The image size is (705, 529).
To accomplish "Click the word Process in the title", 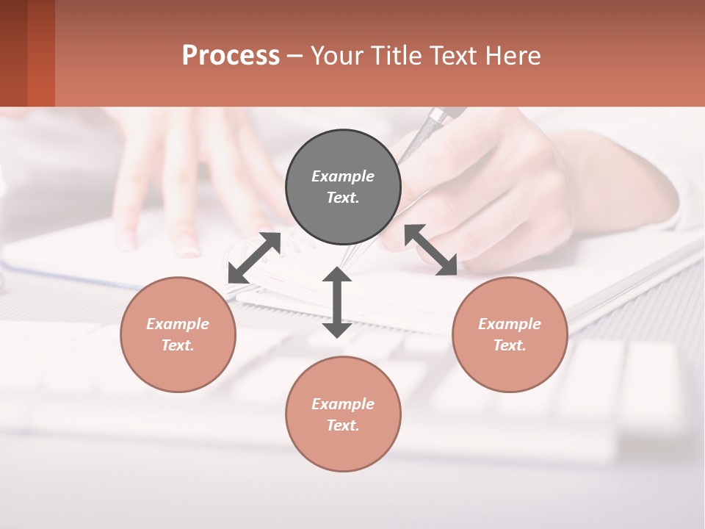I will [231, 56].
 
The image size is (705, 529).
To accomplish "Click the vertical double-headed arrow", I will [337, 302].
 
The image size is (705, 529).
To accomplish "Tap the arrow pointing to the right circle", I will [431, 250].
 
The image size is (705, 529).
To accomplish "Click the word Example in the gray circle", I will [343, 176].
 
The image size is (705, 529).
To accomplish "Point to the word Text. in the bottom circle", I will [343, 425].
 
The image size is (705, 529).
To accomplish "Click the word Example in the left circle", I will [178, 324].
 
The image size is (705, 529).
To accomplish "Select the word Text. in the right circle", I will [510, 345].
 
